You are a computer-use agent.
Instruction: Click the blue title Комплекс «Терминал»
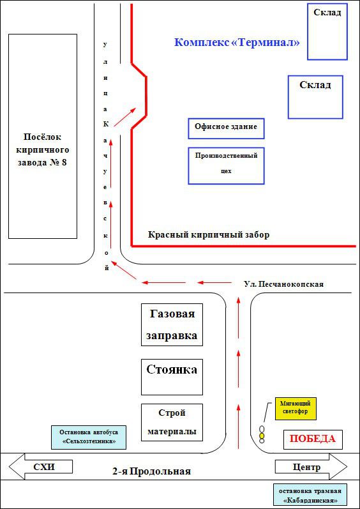(x=237, y=43)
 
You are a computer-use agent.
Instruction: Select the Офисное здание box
(x=227, y=128)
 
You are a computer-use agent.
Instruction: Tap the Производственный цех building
(x=227, y=165)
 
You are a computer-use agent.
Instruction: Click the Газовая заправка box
(x=172, y=324)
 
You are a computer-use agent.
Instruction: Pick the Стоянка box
(x=172, y=377)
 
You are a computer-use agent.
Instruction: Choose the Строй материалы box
(x=172, y=422)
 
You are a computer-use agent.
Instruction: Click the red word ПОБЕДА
(x=313, y=439)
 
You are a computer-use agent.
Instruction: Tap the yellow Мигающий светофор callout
(x=295, y=408)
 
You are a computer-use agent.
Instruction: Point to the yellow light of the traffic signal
(x=262, y=435)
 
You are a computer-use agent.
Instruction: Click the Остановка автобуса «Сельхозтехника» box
(x=89, y=437)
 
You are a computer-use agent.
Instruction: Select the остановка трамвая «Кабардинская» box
(x=311, y=497)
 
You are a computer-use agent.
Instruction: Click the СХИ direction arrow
(x=40, y=467)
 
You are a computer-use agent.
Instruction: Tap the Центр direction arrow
(x=311, y=467)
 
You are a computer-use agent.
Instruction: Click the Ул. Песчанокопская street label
(x=284, y=284)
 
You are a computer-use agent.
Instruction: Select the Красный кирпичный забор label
(x=209, y=234)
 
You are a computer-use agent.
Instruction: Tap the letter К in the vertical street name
(x=105, y=124)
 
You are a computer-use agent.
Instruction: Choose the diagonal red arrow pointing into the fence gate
(x=125, y=117)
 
